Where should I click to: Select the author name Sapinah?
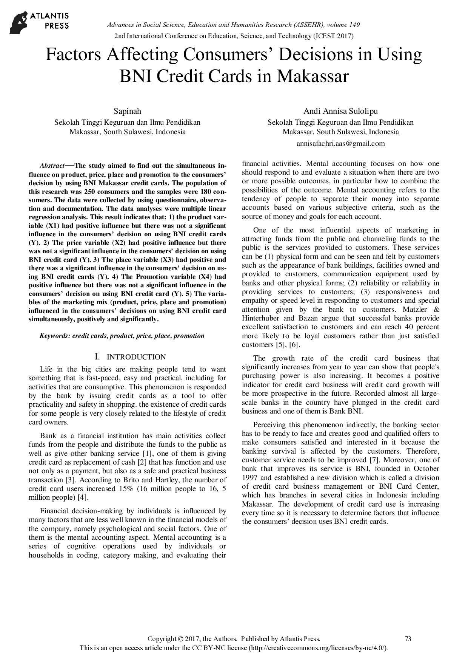[128, 111]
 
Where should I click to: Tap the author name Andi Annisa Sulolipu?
[340, 111]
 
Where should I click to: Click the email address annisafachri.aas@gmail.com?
[340, 144]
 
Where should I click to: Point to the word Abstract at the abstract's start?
[52, 166]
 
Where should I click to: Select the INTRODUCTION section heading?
[136, 357]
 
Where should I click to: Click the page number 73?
[408, 639]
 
